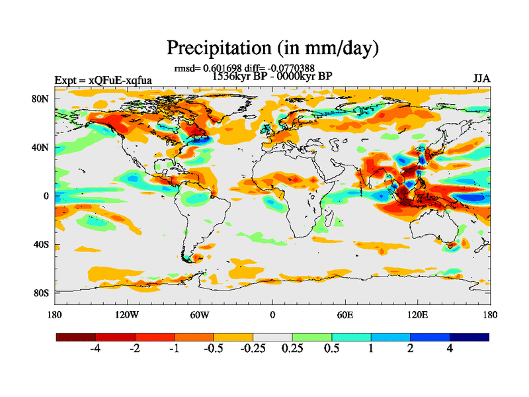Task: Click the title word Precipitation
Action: point(216,48)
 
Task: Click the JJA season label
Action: point(481,79)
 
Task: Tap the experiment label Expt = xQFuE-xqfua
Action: point(103,80)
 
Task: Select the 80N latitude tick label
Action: point(41,99)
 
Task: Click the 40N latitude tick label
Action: point(41,147)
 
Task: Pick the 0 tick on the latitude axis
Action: point(46,196)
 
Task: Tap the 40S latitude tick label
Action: point(41,244)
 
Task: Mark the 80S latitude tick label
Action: point(41,292)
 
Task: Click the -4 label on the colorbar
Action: point(95,349)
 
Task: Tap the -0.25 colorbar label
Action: point(253,349)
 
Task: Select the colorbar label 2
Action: point(411,349)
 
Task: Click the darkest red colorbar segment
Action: point(76,337)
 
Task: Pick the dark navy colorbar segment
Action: point(469,337)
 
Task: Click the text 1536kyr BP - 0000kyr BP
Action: point(272,75)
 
